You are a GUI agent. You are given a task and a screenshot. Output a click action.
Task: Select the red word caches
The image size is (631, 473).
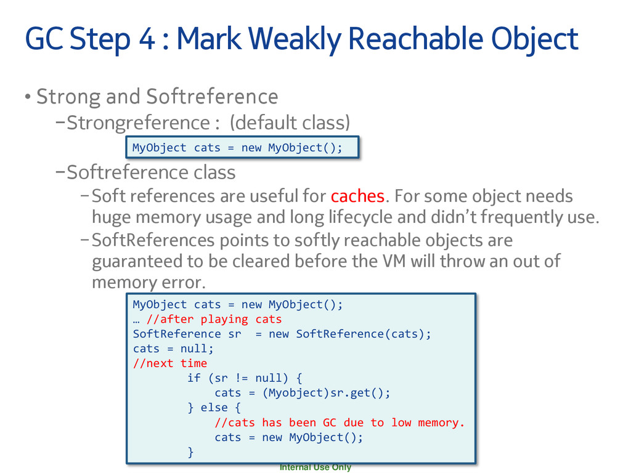tap(357, 196)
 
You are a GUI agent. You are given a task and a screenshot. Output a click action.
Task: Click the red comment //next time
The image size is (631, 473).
tap(170, 363)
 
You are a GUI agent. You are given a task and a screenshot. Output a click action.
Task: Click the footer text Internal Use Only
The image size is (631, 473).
tap(315, 467)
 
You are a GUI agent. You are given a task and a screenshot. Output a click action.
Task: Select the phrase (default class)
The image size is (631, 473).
tap(290, 123)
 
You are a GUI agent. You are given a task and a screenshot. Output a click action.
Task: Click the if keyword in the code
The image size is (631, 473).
tap(193, 378)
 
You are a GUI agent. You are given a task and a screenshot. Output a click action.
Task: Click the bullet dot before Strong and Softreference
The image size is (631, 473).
tap(27, 97)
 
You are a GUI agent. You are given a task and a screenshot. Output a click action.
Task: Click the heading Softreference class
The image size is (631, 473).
tap(151, 172)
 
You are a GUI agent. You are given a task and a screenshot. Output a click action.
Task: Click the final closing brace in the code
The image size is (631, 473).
tap(190, 453)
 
